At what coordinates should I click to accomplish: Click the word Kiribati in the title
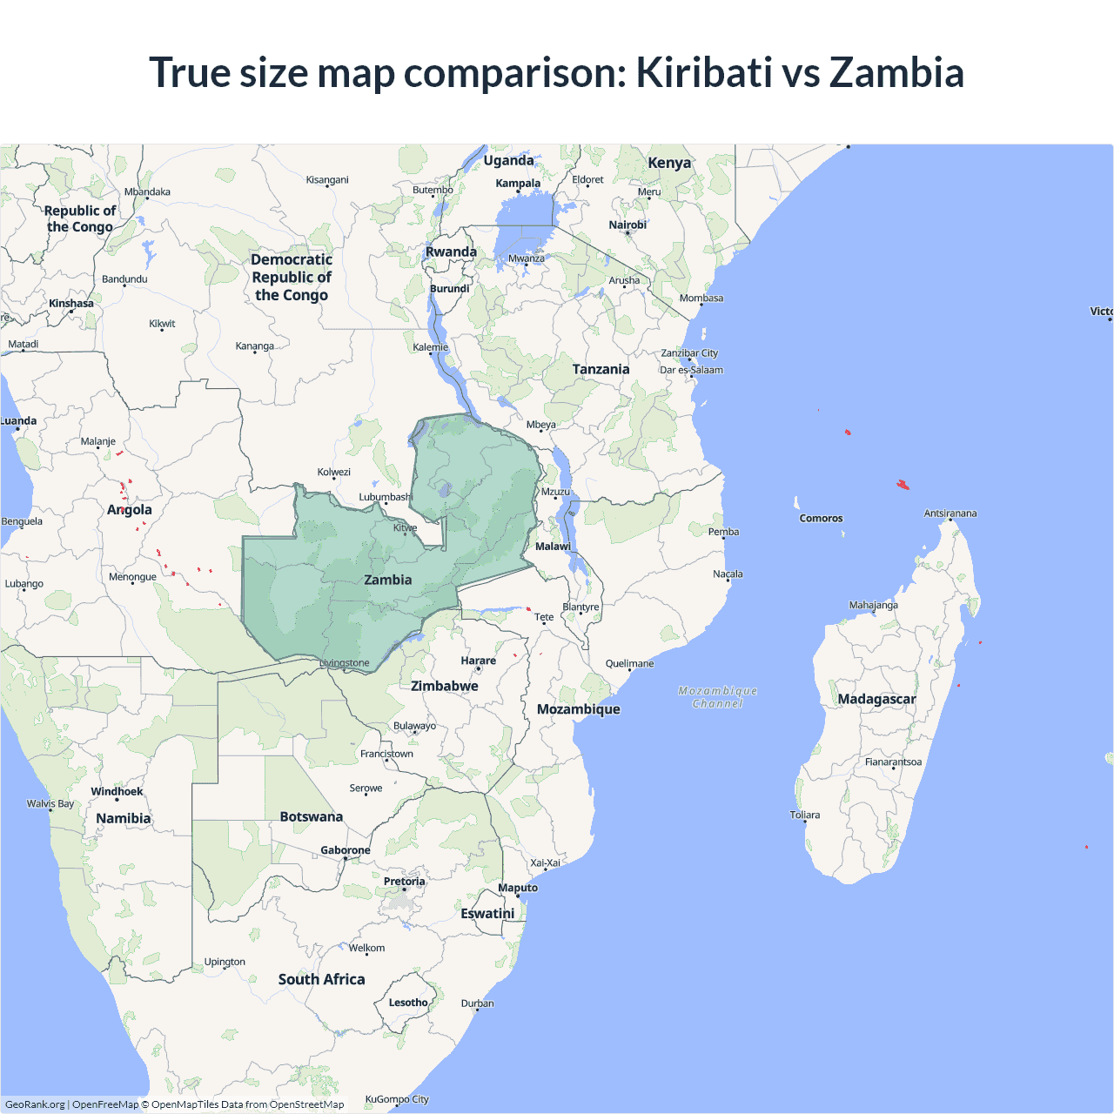click(703, 72)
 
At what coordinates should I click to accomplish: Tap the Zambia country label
click(388, 580)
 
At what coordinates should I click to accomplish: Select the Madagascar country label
click(876, 699)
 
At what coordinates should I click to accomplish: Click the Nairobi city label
click(627, 225)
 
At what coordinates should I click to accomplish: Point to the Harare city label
click(478, 661)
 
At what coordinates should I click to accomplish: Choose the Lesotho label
click(408, 1003)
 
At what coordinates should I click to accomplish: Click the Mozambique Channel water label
click(718, 697)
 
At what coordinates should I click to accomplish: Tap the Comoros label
click(821, 518)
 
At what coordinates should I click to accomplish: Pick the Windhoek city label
click(117, 791)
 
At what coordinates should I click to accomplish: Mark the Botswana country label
click(312, 816)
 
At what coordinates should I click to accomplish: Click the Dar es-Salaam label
click(691, 370)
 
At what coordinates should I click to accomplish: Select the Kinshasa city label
click(71, 304)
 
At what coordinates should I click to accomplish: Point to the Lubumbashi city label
click(385, 497)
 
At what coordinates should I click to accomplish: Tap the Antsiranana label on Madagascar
click(950, 513)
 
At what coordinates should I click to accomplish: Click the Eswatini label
click(487, 913)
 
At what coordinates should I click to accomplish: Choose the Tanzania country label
click(601, 369)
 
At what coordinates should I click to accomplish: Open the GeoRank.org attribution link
click(35, 1104)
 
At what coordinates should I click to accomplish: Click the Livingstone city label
click(345, 663)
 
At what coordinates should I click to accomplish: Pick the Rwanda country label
click(451, 252)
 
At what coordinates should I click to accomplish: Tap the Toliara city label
click(805, 815)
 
